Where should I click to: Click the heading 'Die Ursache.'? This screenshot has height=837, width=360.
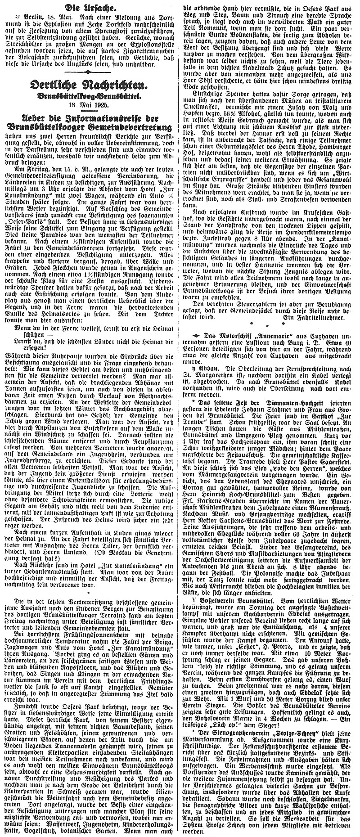point(89,7)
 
